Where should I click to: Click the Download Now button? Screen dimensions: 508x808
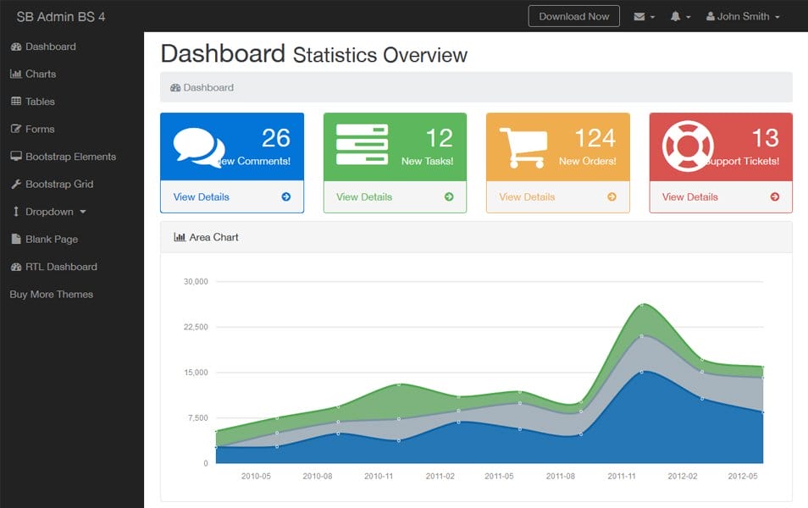pos(574,17)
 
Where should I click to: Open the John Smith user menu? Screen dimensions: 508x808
pos(743,17)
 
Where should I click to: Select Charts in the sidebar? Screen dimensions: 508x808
pos(40,75)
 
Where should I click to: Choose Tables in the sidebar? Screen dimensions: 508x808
pos(39,102)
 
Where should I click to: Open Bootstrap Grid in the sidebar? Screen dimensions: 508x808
pos(58,185)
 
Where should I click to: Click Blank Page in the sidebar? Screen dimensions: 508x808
pos(51,240)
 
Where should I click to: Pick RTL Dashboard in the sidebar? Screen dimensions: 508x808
pos(60,267)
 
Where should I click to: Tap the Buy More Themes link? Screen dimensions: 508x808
pos(51,295)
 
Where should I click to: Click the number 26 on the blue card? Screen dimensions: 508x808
pos(276,138)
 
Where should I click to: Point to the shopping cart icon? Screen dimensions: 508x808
pos(522,147)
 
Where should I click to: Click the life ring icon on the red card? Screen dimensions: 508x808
pos(688,147)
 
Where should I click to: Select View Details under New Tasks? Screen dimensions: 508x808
pos(364,197)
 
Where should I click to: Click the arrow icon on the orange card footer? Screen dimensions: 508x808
pos(612,197)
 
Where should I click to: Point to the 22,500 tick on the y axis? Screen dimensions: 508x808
pos(196,327)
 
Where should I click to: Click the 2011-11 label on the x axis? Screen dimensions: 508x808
pos(622,477)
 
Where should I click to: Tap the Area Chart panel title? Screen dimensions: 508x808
pos(213,238)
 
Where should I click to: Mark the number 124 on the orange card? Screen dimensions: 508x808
pos(595,138)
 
